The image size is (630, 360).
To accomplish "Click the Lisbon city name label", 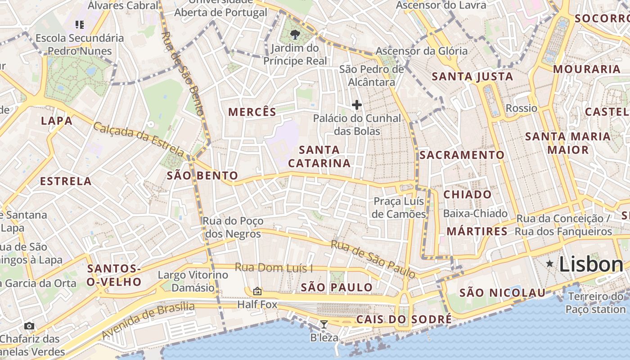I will [x=590, y=265].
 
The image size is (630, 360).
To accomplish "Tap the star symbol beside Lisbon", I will [x=549, y=264].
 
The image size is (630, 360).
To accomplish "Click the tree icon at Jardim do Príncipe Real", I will [x=295, y=34].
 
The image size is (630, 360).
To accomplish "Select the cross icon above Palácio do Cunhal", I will [x=357, y=105].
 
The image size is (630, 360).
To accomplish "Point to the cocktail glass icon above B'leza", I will [x=324, y=324].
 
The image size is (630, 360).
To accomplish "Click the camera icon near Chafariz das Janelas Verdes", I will [x=29, y=326].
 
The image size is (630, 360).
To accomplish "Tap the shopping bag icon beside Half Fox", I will [x=257, y=291].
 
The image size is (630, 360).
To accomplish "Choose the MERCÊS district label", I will [x=252, y=112].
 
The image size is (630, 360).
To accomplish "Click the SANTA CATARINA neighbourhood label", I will [x=319, y=156].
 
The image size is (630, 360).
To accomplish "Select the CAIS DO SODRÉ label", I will [x=404, y=319].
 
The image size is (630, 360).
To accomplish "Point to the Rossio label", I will [x=522, y=108].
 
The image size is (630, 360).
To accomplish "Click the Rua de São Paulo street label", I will [x=373, y=259].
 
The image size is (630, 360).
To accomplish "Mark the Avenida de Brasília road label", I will [x=148, y=321].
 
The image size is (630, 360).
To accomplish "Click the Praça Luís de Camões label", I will [x=399, y=207].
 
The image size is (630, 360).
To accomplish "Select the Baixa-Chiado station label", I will [x=475, y=213].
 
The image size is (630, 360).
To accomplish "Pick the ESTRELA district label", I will [x=66, y=181].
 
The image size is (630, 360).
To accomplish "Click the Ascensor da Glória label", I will [x=422, y=51].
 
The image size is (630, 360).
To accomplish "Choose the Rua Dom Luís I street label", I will [x=274, y=268].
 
